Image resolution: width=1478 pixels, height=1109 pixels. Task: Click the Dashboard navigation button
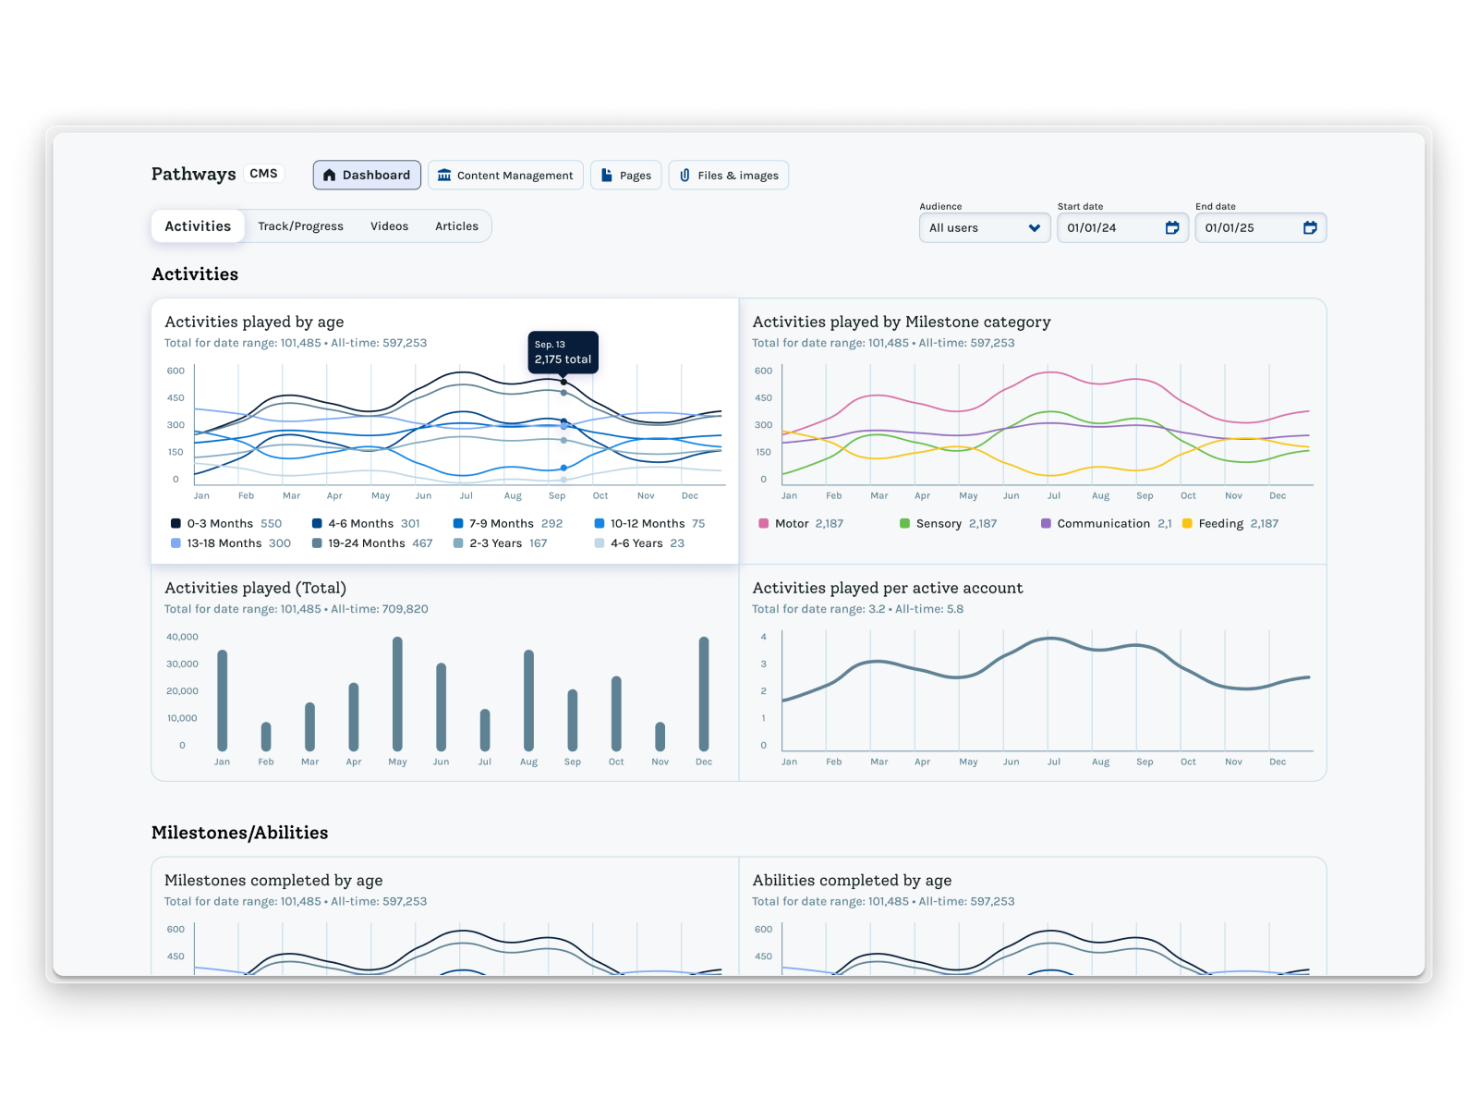click(x=367, y=175)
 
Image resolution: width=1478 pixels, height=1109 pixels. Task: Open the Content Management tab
click(x=505, y=175)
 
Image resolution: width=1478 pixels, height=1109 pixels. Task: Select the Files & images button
click(x=728, y=175)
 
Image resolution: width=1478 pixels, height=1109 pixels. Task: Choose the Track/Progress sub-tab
click(x=300, y=226)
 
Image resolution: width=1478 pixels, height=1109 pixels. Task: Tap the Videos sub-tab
click(x=389, y=226)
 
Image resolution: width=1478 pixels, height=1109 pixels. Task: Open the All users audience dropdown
click(x=984, y=228)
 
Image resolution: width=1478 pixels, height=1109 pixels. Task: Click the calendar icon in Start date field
click(x=1171, y=228)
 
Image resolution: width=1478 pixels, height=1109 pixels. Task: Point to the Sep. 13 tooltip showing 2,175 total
click(x=563, y=352)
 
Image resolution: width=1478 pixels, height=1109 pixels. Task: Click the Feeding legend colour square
click(x=1187, y=524)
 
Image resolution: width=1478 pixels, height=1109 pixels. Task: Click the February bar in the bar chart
click(x=266, y=737)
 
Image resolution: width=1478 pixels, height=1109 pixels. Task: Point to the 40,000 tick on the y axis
click(x=182, y=637)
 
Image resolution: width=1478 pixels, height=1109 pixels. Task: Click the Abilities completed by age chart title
click(x=851, y=881)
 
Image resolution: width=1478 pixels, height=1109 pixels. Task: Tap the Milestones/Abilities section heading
click(x=239, y=833)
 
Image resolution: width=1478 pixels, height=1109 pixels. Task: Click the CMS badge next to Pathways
click(x=263, y=174)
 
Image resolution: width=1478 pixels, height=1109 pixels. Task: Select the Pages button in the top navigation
click(x=625, y=175)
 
